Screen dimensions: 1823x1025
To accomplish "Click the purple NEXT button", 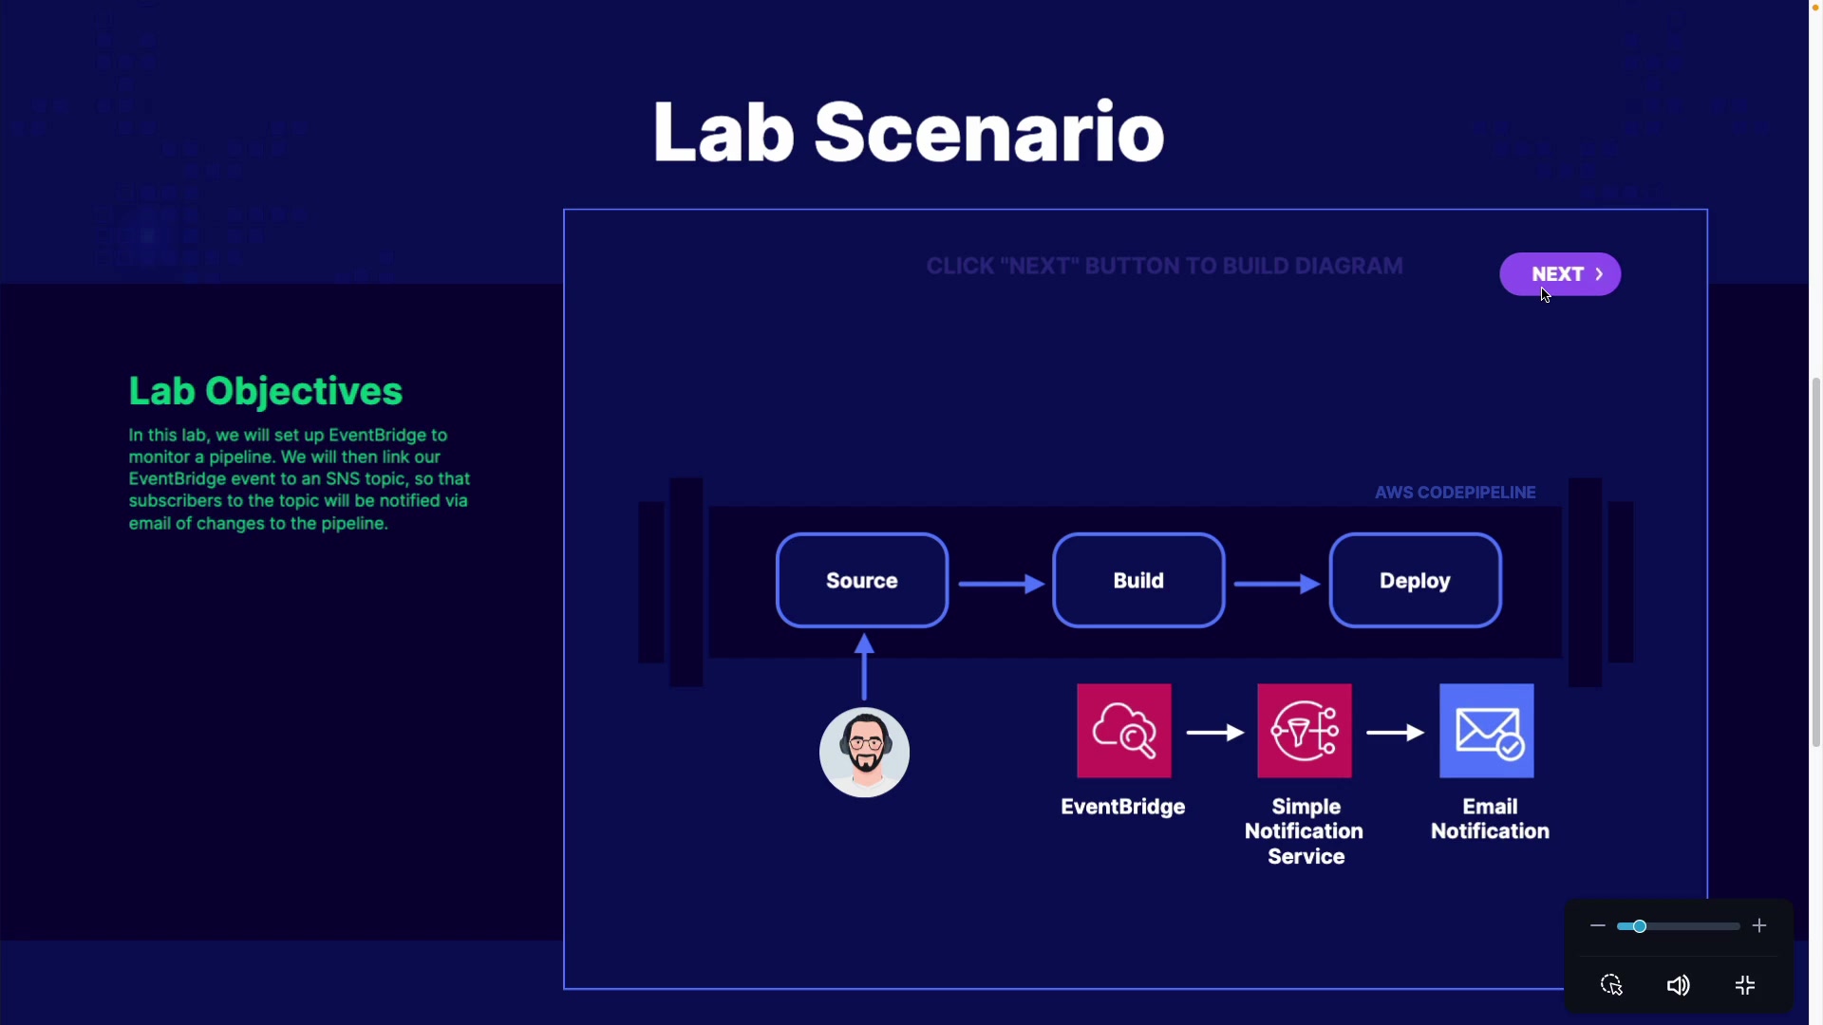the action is click(1560, 274).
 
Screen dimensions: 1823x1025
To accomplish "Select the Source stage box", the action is click(862, 580).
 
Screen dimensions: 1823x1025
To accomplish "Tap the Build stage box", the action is click(1138, 580).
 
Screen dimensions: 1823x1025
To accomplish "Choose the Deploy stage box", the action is click(1415, 580).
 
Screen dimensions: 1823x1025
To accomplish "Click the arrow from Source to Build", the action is click(1002, 584).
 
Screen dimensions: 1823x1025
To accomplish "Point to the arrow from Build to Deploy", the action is click(1277, 584).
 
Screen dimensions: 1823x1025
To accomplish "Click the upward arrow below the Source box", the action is click(864, 667).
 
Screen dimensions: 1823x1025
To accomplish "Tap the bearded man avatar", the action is click(864, 753).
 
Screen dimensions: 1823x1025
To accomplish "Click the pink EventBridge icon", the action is click(1124, 731).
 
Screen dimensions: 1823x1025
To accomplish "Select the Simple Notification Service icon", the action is click(1305, 731).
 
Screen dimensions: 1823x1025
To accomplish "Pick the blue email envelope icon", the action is click(1487, 731).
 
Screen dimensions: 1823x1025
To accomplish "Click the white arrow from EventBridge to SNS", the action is click(1215, 733).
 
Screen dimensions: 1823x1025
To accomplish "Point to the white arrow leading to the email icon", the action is click(1396, 733).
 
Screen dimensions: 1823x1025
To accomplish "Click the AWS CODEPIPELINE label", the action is click(1456, 493).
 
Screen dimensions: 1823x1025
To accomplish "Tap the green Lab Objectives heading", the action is click(266, 391).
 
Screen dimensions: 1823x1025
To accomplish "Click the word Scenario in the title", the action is click(989, 132).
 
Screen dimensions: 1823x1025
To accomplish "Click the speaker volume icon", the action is click(1678, 985).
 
